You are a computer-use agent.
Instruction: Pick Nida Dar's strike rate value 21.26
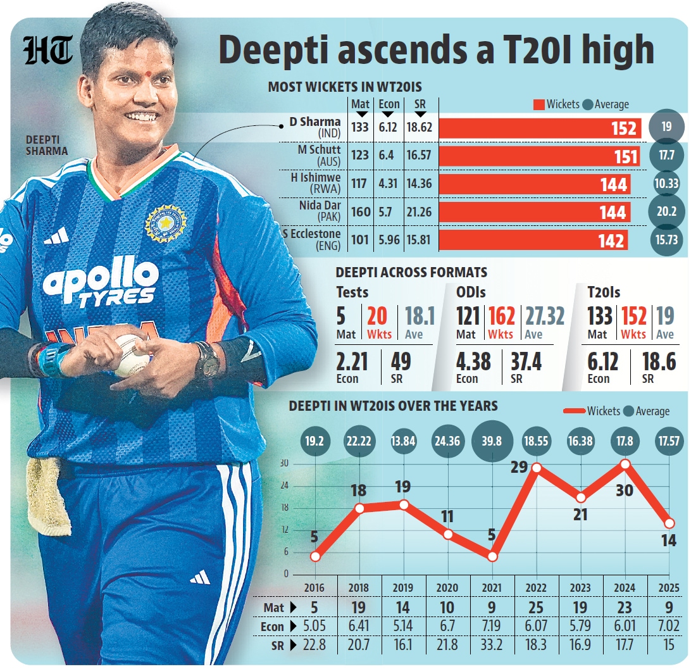click(x=419, y=211)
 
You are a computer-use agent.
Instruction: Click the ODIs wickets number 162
click(x=502, y=316)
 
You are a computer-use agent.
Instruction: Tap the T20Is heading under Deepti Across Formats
click(x=604, y=292)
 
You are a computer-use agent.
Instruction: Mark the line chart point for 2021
click(x=492, y=557)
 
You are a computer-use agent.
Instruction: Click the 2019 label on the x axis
click(x=404, y=587)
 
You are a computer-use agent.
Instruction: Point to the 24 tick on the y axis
click(x=284, y=486)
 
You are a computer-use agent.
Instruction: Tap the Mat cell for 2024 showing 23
click(x=625, y=608)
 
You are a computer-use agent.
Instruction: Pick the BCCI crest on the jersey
click(x=165, y=222)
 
